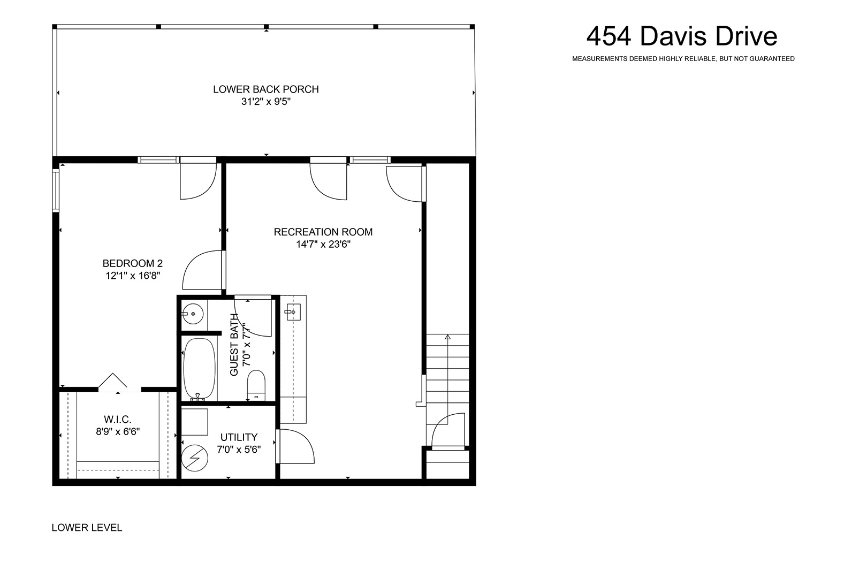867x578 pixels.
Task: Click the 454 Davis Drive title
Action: (x=682, y=36)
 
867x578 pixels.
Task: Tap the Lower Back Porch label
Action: (x=266, y=89)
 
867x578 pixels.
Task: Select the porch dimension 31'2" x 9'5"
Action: (x=266, y=102)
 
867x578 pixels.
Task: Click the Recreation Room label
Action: (x=323, y=232)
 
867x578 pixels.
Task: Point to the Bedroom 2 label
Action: (x=133, y=263)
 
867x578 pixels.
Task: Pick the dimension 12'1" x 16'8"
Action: (x=133, y=276)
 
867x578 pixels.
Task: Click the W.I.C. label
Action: (x=118, y=419)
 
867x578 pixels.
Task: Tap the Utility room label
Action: (x=239, y=437)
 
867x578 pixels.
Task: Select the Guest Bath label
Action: (x=234, y=345)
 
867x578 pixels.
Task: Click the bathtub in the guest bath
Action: (x=199, y=369)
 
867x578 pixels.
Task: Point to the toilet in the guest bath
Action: (x=256, y=385)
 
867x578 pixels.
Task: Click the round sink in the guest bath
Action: (x=192, y=314)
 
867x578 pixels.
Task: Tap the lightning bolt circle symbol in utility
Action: (x=195, y=458)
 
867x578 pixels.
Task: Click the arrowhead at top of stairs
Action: (x=448, y=337)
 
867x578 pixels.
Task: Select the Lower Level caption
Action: (x=87, y=527)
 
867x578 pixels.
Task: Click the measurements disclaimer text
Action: (x=683, y=59)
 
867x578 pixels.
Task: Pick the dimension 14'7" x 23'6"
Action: (x=323, y=244)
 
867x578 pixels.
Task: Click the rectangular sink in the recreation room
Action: (x=293, y=312)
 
